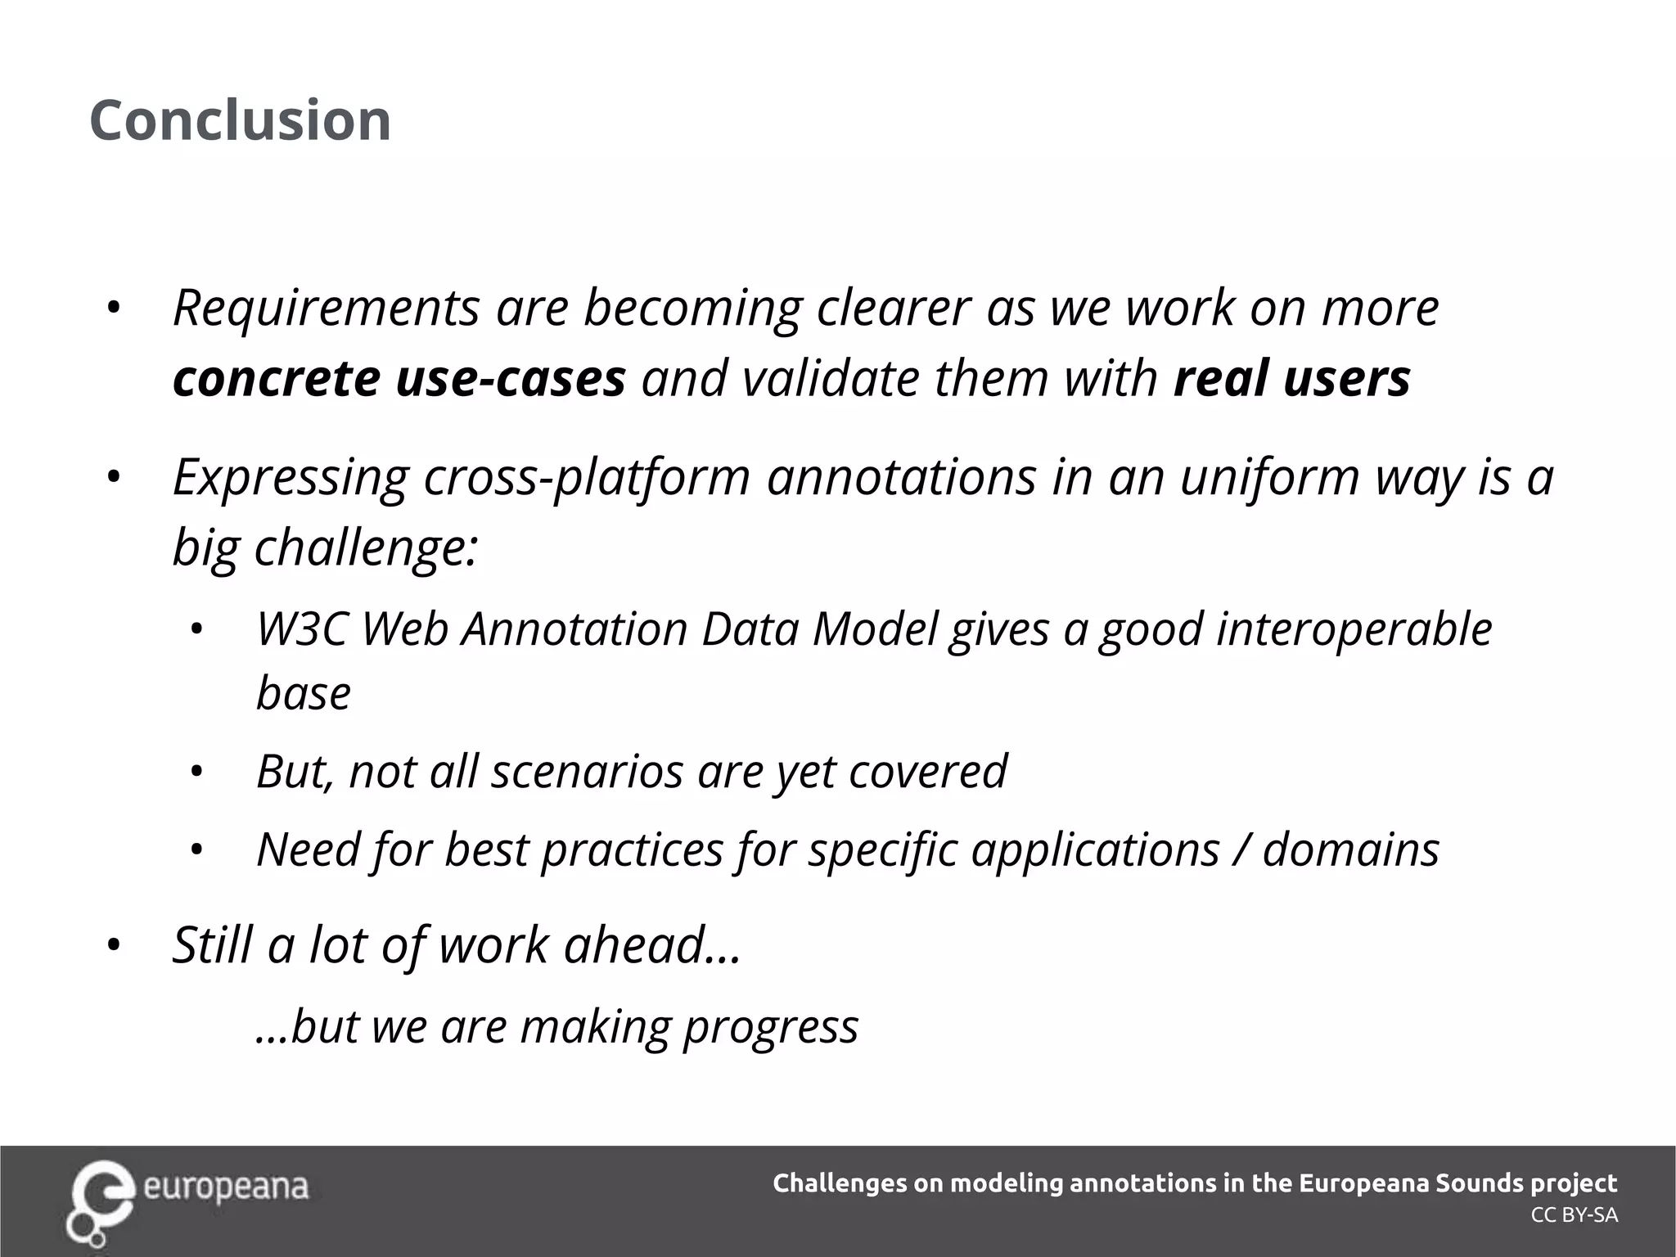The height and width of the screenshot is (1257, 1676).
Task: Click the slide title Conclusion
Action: pyautogui.click(x=240, y=120)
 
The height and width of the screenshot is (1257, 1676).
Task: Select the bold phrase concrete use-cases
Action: pyautogui.click(x=399, y=378)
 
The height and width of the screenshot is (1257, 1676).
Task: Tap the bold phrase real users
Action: pyautogui.click(x=1291, y=378)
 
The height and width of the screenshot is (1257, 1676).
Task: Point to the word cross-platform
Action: pyautogui.click(x=586, y=477)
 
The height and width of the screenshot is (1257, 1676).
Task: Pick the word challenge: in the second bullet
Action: pyautogui.click(x=366, y=547)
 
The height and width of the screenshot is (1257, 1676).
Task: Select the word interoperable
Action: pyautogui.click(x=1354, y=629)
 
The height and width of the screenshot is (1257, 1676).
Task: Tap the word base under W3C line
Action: pyautogui.click(x=304, y=693)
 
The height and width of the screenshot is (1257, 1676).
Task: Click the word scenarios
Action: pyautogui.click(x=586, y=771)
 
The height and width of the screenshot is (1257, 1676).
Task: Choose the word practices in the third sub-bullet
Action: pyautogui.click(x=632, y=849)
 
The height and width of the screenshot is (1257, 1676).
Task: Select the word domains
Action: pyautogui.click(x=1351, y=849)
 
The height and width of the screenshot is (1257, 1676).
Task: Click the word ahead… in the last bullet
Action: pyautogui.click(x=652, y=944)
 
